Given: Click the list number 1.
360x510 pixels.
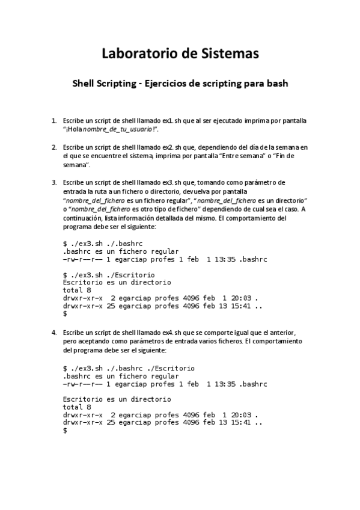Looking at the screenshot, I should tap(54, 120).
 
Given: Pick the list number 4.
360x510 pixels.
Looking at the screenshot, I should tap(54, 333).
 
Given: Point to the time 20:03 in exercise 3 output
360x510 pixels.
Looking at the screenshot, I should tap(242, 298).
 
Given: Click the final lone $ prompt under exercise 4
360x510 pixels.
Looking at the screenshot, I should tap(65, 431).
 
